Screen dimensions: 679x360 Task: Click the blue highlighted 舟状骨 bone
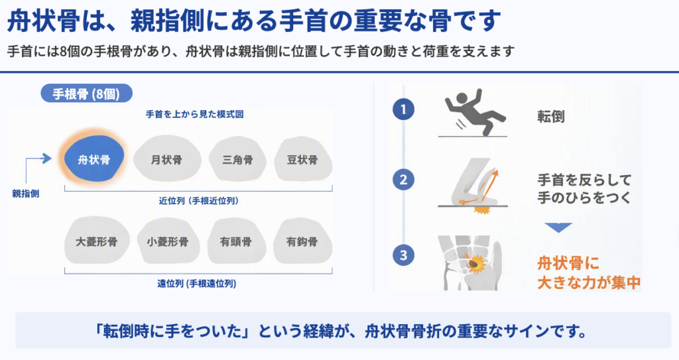point(94,158)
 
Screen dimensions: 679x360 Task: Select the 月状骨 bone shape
point(167,158)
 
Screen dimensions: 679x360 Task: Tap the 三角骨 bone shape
point(238,158)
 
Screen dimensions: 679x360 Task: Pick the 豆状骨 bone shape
point(302,158)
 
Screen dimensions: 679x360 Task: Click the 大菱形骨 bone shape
point(97,241)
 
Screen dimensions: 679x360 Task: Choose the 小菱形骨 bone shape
point(168,241)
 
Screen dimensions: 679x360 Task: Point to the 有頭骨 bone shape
point(236,241)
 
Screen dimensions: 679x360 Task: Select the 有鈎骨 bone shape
point(302,241)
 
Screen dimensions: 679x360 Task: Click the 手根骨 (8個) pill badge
point(87,93)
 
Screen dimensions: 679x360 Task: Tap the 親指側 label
point(26,194)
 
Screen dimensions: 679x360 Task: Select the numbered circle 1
point(404,109)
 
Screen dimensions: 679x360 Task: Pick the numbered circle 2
point(404,180)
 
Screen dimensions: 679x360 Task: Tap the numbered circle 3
point(404,255)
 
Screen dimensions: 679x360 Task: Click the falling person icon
point(473,112)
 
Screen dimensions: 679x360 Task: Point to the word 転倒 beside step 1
point(551,117)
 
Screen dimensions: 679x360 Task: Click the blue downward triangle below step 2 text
point(558,227)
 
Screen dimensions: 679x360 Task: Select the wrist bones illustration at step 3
point(470,263)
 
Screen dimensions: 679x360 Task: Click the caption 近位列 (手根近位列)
point(199,201)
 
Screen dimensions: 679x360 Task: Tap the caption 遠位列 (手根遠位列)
point(196,284)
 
